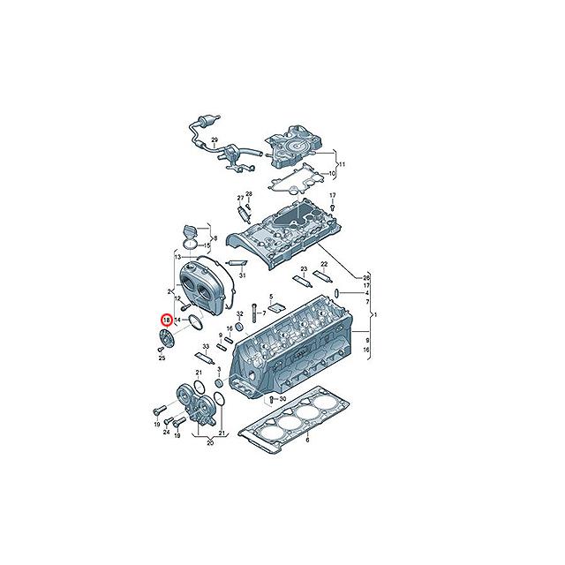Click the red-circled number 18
(167, 320)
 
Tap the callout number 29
(215, 139)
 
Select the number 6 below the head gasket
(307, 441)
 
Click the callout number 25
(162, 358)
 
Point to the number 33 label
(206, 347)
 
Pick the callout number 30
(282, 399)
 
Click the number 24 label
(166, 432)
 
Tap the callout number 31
(242, 275)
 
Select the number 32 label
(240, 314)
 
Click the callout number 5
(271, 297)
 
